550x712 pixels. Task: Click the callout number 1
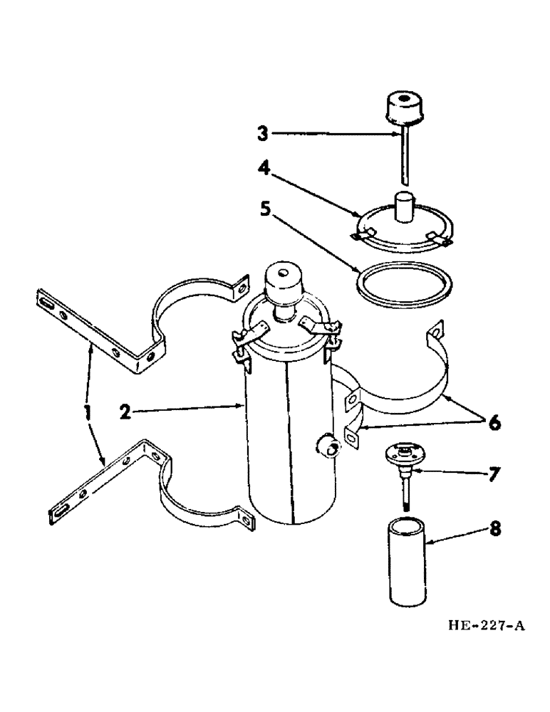[x=89, y=411]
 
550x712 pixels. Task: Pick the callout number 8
[x=493, y=529]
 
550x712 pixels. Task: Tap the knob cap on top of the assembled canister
[x=284, y=279]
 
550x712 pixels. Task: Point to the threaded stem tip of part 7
[x=405, y=502]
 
